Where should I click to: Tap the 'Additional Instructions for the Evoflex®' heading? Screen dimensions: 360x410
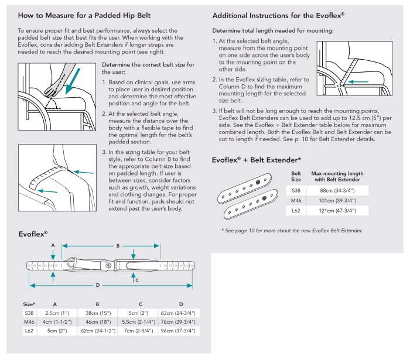278,15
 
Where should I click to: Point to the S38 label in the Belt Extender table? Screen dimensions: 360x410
296,190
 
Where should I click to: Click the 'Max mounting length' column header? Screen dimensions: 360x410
337,176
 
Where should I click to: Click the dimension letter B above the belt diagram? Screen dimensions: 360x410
118,246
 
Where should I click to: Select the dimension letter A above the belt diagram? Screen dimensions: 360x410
53,245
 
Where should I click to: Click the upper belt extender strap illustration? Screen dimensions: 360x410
249,186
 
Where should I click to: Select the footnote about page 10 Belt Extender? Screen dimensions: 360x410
292,231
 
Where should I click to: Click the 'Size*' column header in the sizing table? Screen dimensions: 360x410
29,304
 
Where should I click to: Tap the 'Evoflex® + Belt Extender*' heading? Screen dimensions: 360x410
257,159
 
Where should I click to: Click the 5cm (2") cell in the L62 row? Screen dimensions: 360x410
56,331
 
